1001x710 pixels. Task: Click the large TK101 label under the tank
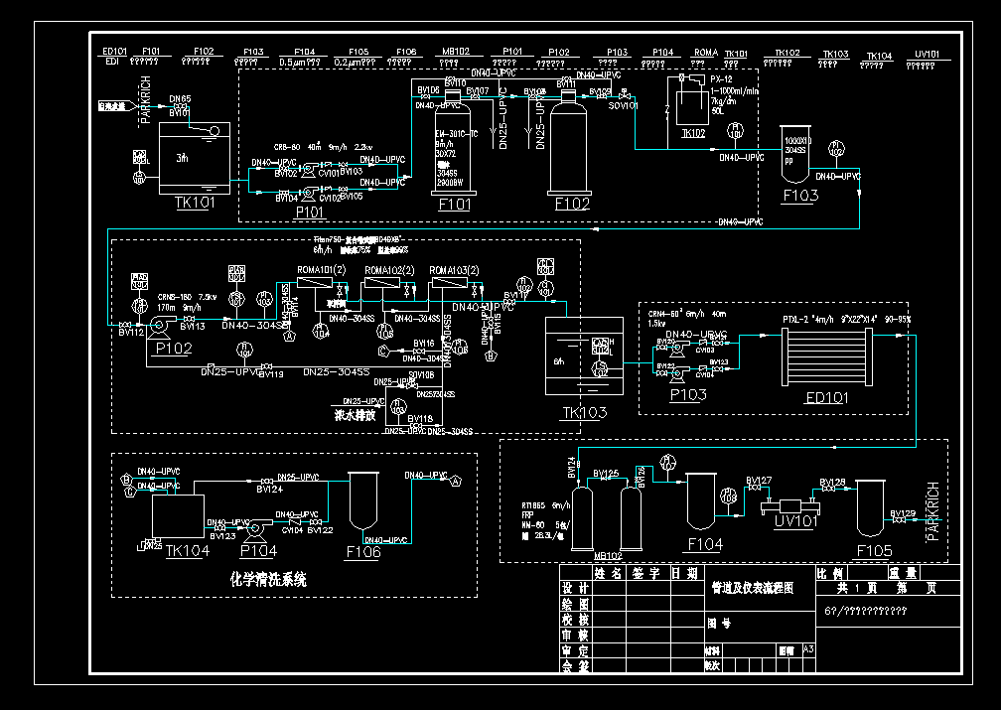195,203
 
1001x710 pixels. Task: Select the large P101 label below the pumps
311,212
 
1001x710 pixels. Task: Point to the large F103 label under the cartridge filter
800,196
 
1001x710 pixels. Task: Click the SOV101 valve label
623,104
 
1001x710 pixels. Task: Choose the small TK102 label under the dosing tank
692,132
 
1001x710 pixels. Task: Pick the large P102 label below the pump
174,348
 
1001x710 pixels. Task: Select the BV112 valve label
131,334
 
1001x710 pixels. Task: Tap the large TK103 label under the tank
584,412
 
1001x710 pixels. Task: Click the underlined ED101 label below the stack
827,398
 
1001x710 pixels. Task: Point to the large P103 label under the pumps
687,395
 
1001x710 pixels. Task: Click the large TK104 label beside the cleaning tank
188,550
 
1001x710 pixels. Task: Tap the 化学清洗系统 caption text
268,578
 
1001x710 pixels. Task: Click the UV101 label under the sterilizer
794,521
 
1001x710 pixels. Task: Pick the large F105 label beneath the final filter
873,550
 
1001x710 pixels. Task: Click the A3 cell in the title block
808,648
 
